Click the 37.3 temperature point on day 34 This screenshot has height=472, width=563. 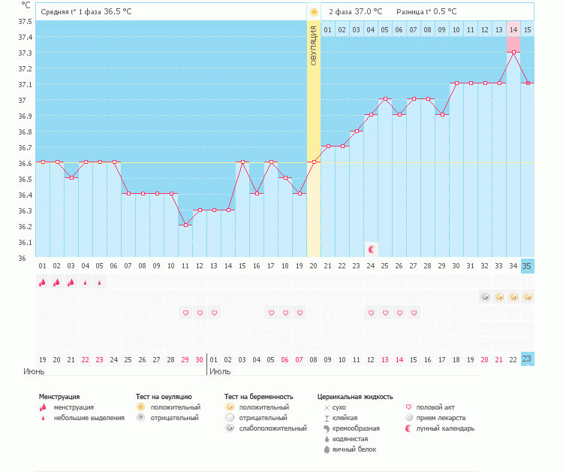[x=513, y=52]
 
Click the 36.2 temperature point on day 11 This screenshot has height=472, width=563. [x=185, y=225]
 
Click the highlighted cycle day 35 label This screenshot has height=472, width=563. [x=527, y=266]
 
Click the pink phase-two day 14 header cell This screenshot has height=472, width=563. [x=513, y=29]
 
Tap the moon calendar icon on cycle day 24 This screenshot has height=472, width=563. [x=371, y=249]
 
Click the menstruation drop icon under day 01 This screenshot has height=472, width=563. [x=42, y=283]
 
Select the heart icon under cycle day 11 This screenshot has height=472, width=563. [x=185, y=313]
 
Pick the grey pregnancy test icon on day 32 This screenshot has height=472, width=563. [x=485, y=297]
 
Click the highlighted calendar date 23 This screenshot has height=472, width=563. [x=527, y=359]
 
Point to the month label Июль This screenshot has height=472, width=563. [x=220, y=371]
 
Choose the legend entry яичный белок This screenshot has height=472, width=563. [x=354, y=449]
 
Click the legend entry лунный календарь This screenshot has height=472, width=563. [x=445, y=428]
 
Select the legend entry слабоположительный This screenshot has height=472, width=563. [x=272, y=428]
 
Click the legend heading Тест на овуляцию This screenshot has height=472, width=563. [x=164, y=396]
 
